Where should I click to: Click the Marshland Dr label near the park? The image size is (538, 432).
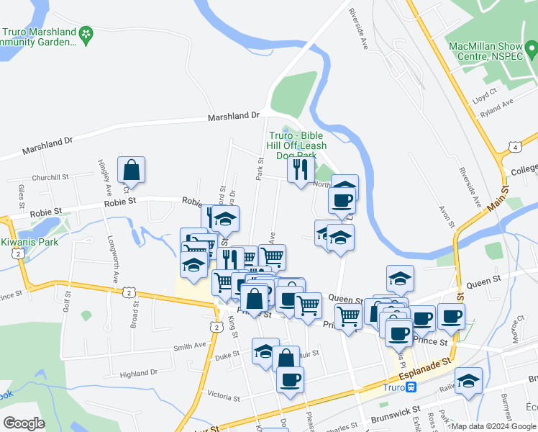coord(233,116)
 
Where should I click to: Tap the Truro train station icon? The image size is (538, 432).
coord(411,387)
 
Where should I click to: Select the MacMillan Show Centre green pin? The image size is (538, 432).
coord(531,50)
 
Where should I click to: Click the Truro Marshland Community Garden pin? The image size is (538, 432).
coord(86,32)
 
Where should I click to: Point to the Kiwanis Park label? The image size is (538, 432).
coord(29,242)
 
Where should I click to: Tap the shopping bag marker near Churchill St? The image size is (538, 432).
coord(132,171)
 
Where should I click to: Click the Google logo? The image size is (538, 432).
coord(24,423)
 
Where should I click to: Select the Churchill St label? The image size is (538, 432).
coord(50,177)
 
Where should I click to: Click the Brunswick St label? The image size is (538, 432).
coord(395,415)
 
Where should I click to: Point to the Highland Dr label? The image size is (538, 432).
coord(138,374)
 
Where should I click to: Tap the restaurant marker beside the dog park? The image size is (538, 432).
coord(300,170)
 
